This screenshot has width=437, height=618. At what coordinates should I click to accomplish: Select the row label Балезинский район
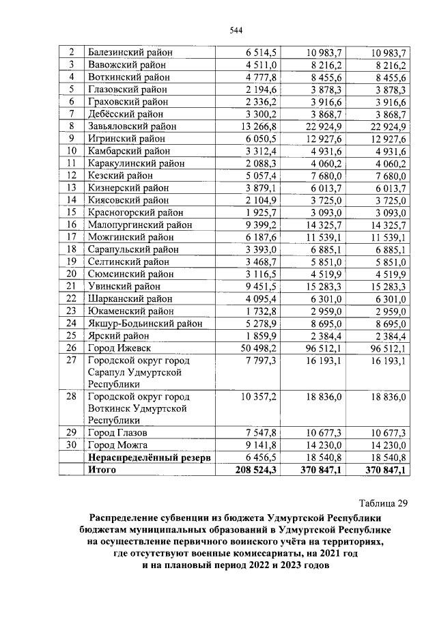(129, 53)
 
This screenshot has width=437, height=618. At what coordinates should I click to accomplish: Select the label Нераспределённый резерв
(147, 457)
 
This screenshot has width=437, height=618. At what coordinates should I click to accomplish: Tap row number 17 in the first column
(70, 236)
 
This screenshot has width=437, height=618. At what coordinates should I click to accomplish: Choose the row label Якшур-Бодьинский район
(145, 322)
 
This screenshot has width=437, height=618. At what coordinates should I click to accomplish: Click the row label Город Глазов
(116, 432)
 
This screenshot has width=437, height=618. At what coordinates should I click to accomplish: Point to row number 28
(70, 396)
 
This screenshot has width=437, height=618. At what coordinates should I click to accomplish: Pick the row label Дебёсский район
(126, 114)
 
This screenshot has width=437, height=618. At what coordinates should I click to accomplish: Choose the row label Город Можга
(115, 445)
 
